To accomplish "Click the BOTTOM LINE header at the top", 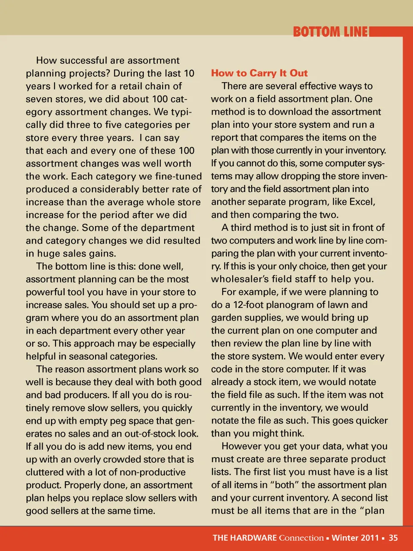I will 330,32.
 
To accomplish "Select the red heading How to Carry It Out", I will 259,73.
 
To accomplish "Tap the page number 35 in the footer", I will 393,538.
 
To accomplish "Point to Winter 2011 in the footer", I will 355,538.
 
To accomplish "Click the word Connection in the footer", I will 301,538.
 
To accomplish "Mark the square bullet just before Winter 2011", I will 328,538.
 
